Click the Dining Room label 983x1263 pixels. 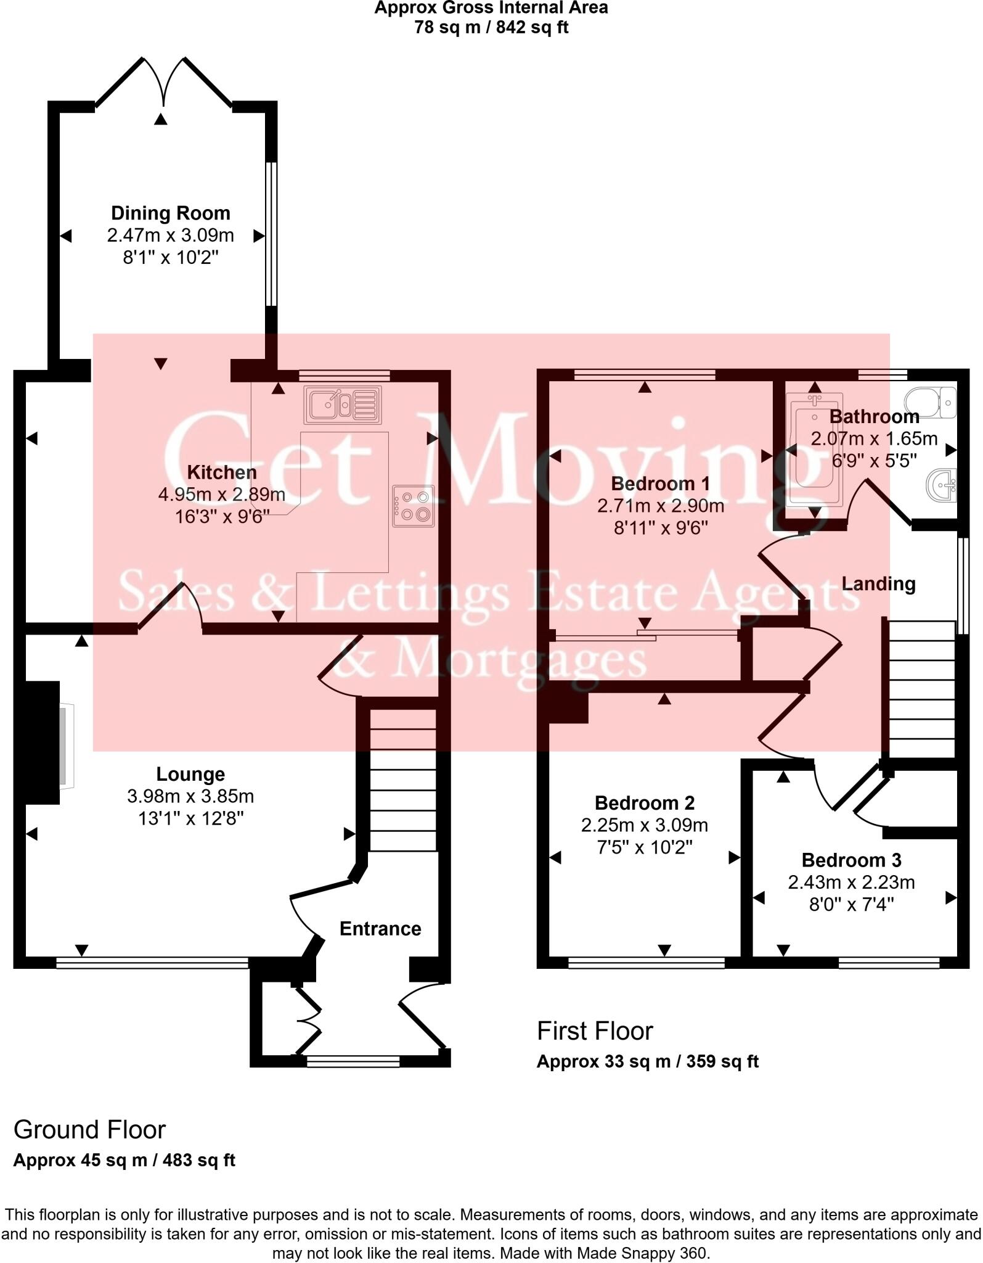tap(171, 213)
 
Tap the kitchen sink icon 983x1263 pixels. tap(343, 405)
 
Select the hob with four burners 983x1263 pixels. tap(413, 506)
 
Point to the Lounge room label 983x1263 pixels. tap(190, 774)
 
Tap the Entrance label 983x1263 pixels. tap(380, 929)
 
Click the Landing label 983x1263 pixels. tap(878, 583)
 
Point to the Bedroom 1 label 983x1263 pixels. tap(660, 483)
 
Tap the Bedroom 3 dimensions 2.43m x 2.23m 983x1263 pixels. tap(851, 882)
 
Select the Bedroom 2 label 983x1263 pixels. tap(644, 803)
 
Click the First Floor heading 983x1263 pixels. tap(595, 1031)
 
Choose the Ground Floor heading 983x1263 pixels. tap(89, 1130)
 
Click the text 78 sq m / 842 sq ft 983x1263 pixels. tap(491, 28)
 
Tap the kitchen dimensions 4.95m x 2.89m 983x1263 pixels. tap(222, 495)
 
